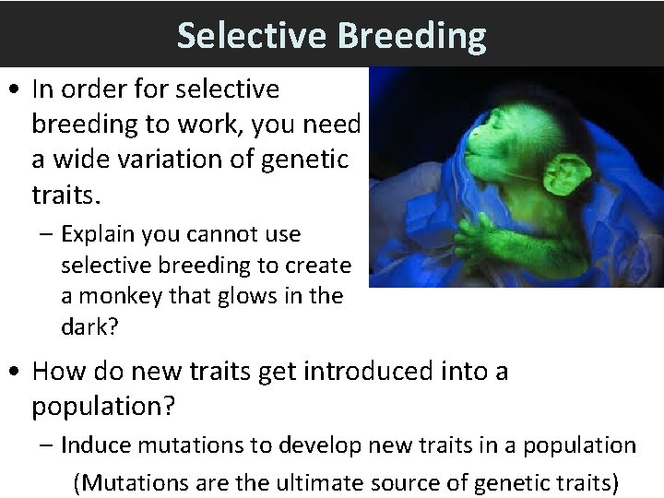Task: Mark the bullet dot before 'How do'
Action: (x=16, y=373)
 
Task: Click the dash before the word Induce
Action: (x=48, y=446)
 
